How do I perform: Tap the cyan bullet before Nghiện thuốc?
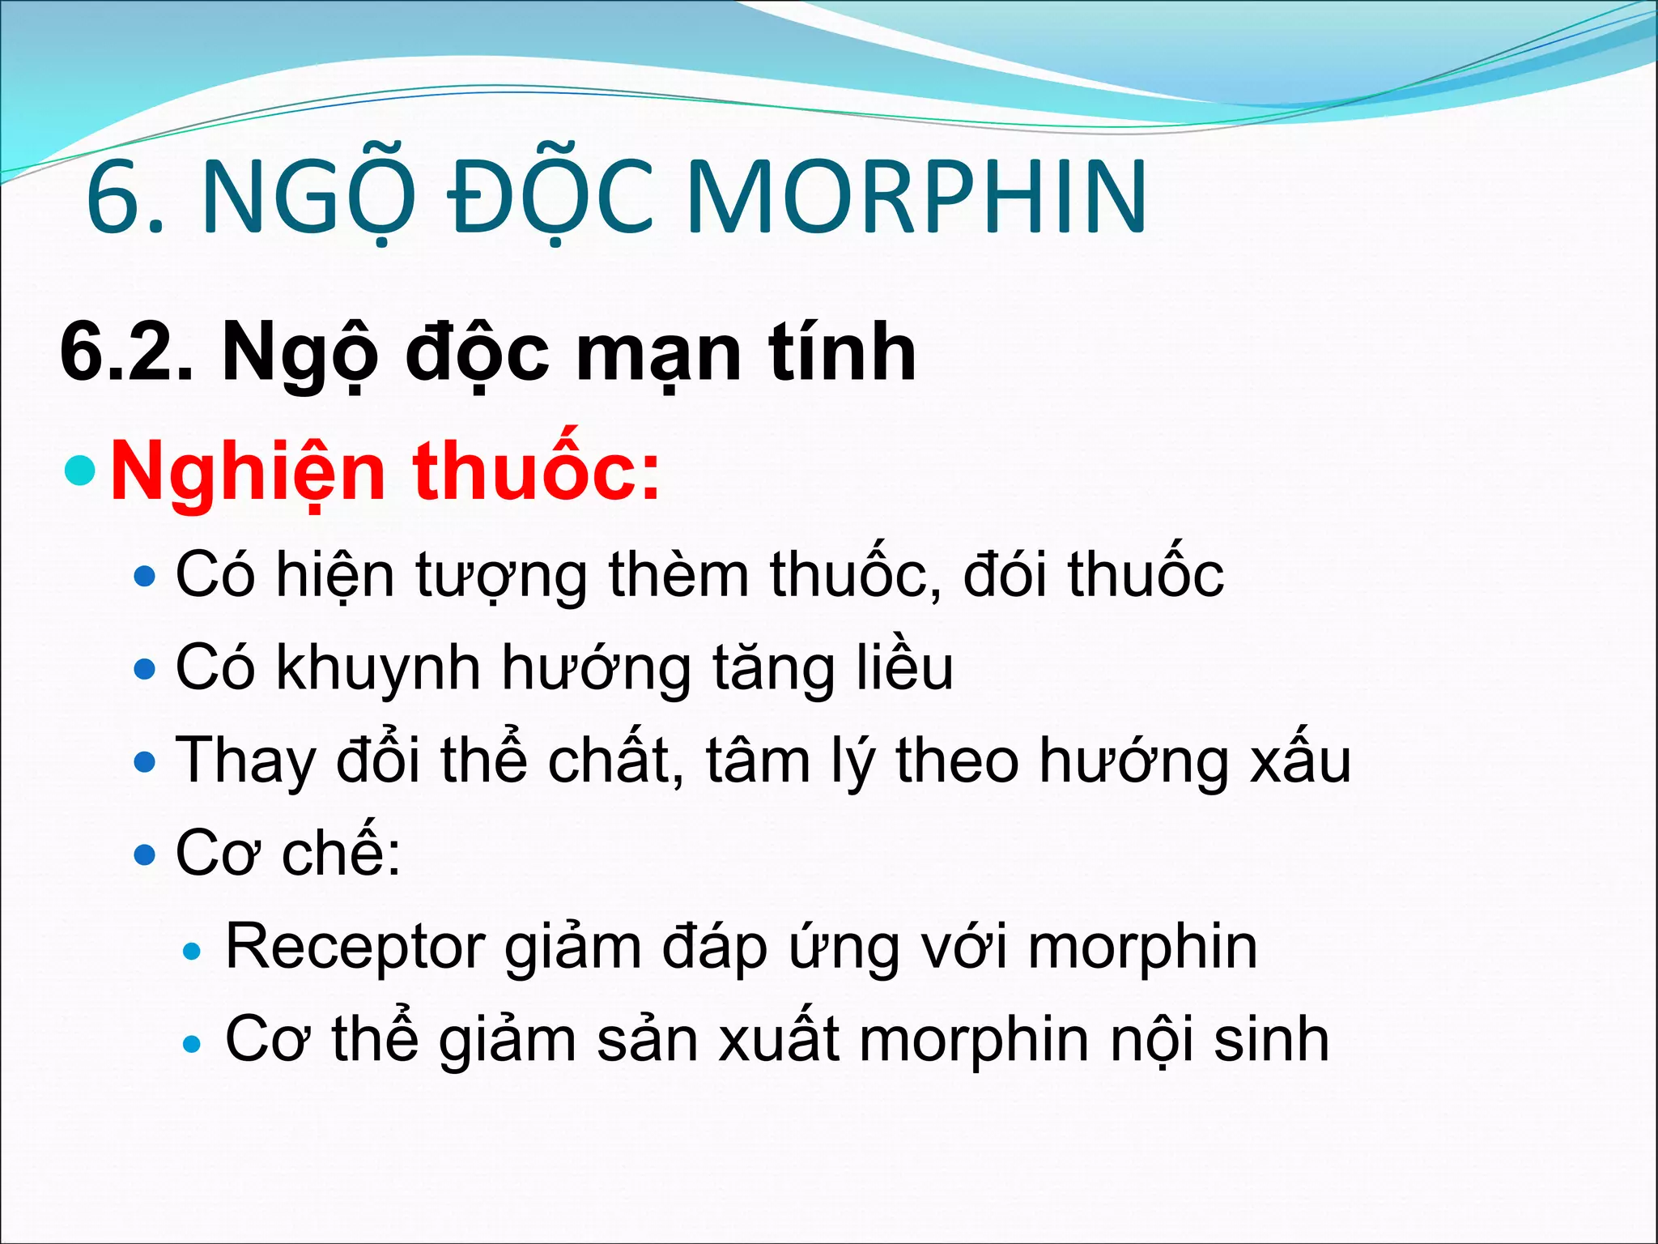(80, 470)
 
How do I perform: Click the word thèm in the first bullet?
(678, 574)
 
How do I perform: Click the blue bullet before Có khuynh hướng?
(145, 670)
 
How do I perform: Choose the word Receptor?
(355, 947)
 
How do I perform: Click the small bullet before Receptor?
(192, 951)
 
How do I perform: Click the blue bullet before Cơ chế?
(145, 855)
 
